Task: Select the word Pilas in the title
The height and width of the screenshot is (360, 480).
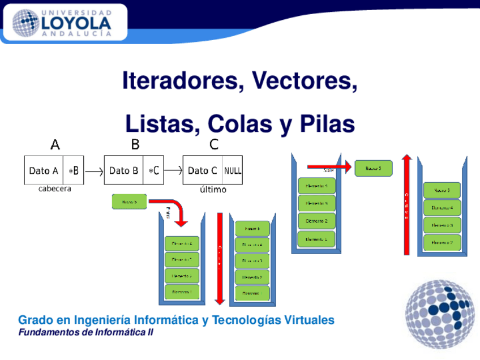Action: point(327,124)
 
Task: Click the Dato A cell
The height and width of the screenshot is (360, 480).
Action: point(44,170)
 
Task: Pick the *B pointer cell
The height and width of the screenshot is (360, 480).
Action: point(74,170)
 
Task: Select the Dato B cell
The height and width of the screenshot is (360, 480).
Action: point(123,170)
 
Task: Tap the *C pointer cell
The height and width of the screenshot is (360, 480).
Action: point(153,170)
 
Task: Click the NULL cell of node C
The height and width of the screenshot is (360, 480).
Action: point(232,170)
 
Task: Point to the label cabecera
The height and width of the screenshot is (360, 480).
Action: point(54,189)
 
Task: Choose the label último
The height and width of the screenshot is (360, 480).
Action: point(213,190)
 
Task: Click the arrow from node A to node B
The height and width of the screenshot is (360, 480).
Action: point(94,170)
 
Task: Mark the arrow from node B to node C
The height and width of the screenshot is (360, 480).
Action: point(173,170)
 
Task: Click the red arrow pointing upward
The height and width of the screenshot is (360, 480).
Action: point(406,204)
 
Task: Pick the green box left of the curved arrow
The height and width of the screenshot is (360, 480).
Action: point(129,201)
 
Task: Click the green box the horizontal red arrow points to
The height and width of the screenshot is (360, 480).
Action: point(373,168)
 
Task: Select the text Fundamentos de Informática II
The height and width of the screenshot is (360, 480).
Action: point(85,332)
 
